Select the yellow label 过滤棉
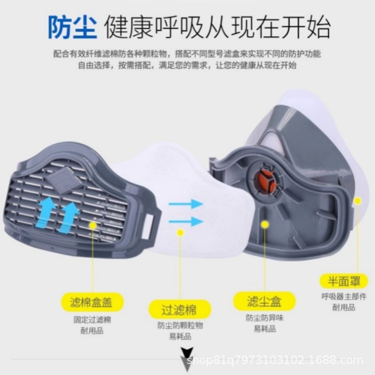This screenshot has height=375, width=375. click(179, 310)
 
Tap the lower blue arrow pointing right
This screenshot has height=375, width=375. click(186, 221)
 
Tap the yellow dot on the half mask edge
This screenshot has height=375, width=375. click(357, 201)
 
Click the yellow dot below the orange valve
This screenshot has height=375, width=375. click(265, 225)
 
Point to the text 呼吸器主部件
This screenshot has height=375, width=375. click(344, 296)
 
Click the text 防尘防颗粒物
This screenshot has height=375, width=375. click(180, 325)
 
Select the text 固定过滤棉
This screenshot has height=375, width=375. click(92, 320)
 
